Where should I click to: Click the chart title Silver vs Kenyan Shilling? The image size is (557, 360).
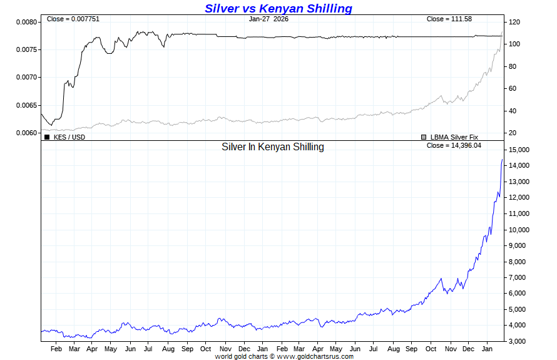[278, 8]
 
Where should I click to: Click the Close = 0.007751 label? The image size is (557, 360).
[73, 19]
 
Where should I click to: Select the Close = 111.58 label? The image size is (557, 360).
[449, 19]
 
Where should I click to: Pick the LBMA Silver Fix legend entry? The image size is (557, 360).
[454, 136]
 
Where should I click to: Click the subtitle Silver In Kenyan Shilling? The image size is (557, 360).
[273, 147]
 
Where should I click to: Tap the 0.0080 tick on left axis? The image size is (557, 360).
[26, 22]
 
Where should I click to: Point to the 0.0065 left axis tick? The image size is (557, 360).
[26, 105]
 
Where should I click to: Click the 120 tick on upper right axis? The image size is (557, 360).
[514, 22]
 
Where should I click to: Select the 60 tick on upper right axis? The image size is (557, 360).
[513, 88]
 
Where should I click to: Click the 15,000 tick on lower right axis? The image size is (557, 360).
[521, 150]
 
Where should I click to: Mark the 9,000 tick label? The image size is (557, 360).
[519, 245]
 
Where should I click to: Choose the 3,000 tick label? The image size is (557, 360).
[519, 341]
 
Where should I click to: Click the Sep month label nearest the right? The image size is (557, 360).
[411, 349]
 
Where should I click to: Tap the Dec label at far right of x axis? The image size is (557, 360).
[469, 349]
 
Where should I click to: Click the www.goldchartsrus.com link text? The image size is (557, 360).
[315, 356]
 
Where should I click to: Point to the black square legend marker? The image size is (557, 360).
[47, 136]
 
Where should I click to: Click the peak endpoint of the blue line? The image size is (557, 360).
[502, 160]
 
